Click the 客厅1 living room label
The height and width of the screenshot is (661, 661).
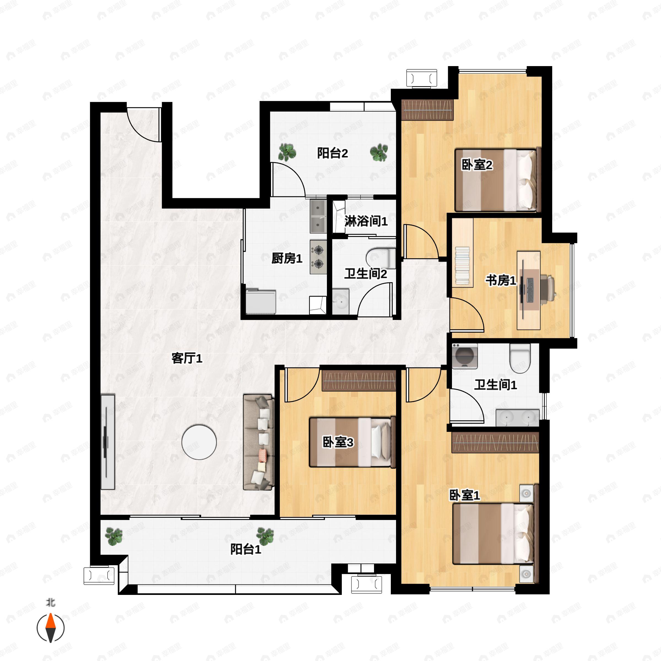(187, 358)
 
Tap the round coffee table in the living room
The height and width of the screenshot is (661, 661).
(199, 442)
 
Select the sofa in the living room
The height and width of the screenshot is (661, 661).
(259, 442)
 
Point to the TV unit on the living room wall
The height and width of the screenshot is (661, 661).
(108, 442)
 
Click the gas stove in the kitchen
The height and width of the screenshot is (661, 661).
(319, 257)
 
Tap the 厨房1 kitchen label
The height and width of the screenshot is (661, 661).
(287, 258)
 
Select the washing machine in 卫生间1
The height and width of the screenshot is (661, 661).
(465, 356)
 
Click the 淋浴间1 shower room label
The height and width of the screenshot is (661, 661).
(366, 221)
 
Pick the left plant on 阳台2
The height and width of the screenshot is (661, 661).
(287, 152)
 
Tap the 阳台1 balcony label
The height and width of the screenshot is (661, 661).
(245, 549)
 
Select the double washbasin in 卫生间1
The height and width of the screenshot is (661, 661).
(517, 418)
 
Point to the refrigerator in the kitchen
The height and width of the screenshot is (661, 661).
(261, 301)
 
